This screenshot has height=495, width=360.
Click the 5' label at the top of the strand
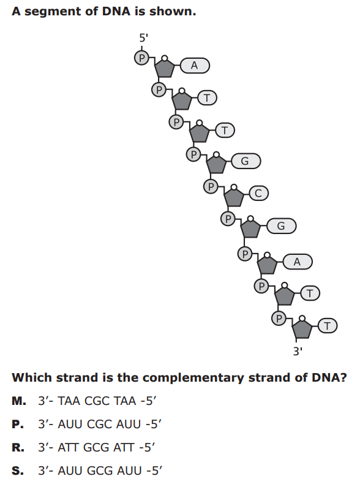pyautogui.click(x=143, y=38)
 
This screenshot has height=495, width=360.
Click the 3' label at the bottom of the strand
pyautogui.click(x=298, y=351)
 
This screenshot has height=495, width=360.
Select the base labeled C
pyautogui.click(x=259, y=193)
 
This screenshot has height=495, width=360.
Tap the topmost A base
pyautogui.click(x=195, y=66)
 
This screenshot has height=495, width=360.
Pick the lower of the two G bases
pyautogui.click(x=282, y=226)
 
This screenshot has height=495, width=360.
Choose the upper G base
pyautogui.click(x=246, y=161)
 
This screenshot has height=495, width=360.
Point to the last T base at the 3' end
pyautogui.click(x=328, y=326)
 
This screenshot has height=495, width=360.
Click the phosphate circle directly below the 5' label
pyautogui.click(x=141, y=58)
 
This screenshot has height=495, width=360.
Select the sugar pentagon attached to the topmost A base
pyautogui.click(x=164, y=68)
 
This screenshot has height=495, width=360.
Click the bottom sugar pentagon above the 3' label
pyautogui.click(x=302, y=329)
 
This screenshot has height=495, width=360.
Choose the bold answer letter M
pyautogui.click(x=19, y=401)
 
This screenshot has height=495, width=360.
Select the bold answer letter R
pyautogui.click(x=18, y=447)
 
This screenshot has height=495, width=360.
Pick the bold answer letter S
pyautogui.click(x=18, y=470)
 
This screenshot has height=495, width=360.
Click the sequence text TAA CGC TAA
pyautogui.click(x=97, y=401)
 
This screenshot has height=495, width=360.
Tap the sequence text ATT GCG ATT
pyautogui.click(x=96, y=447)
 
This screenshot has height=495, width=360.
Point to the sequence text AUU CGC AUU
pyautogui.click(x=99, y=425)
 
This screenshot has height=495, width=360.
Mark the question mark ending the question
pyautogui.click(x=343, y=377)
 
